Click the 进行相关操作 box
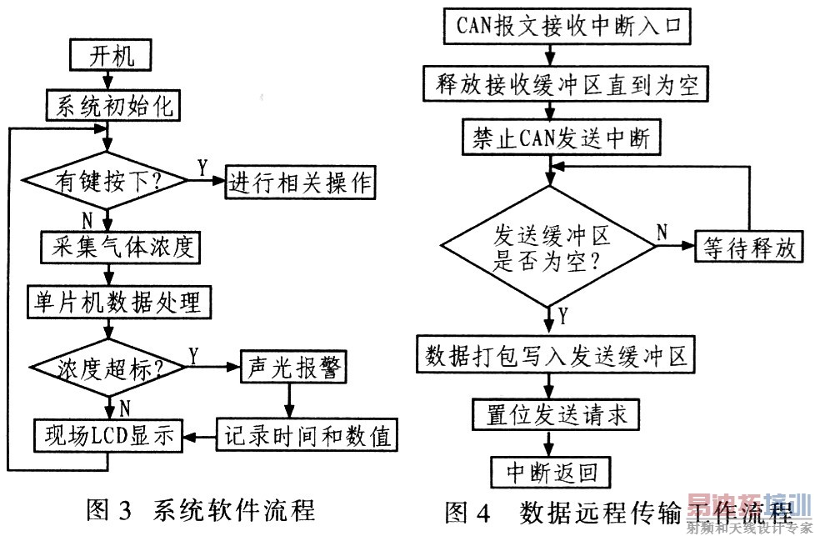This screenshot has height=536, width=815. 302,181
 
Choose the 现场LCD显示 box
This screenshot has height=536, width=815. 108,434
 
